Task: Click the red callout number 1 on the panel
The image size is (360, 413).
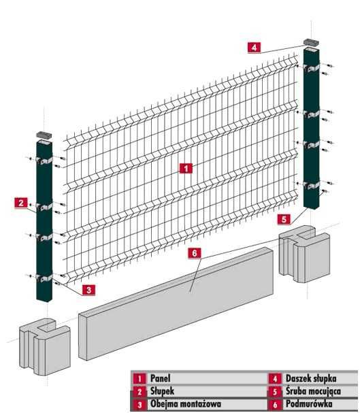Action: pyautogui.click(x=186, y=168)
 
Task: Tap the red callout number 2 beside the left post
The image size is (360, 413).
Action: pyautogui.click(x=21, y=203)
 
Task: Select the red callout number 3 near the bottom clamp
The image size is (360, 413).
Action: pyautogui.click(x=88, y=290)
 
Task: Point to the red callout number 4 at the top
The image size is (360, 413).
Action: pyautogui.click(x=254, y=48)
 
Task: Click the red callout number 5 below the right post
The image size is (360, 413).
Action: pyautogui.click(x=284, y=219)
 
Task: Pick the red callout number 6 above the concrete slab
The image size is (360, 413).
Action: pyautogui.click(x=195, y=253)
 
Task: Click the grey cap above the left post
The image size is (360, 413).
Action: pyautogui.click(x=44, y=134)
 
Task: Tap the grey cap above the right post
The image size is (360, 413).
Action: pyautogui.click(x=311, y=42)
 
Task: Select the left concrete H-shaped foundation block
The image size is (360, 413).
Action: pyautogui.click(x=45, y=346)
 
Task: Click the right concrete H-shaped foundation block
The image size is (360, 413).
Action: pyautogui.click(x=304, y=254)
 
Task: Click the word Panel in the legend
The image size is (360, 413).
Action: pyautogui.click(x=160, y=378)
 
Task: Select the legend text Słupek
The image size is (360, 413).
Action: pyautogui.click(x=162, y=391)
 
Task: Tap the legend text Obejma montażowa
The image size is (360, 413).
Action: pyautogui.click(x=186, y=403)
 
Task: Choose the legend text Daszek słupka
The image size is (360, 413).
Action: pyautogui.click(x=311, y=378)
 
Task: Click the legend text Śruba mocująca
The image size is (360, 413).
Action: pyautogui.click(x=313, y=391)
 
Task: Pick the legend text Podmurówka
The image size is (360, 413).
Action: pyautogui.click(x=309, y=403)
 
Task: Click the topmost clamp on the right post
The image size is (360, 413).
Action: pyautogui.click(x=311, y=68)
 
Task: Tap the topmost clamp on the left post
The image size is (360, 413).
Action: pyautogui.click(x=44, y=160)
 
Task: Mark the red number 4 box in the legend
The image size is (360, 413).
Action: pyautogui.click(x=275, y=379)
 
